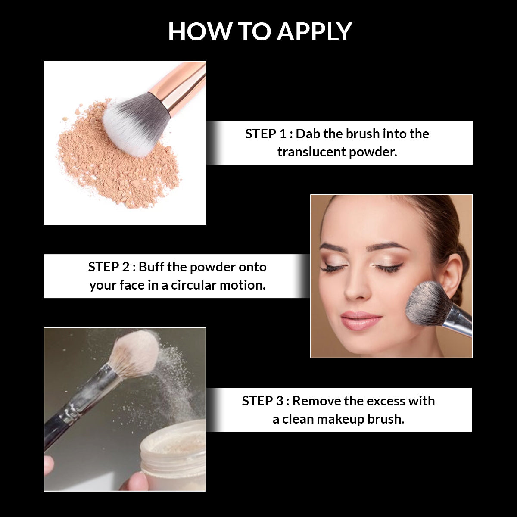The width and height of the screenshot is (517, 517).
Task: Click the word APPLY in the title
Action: point(314,31)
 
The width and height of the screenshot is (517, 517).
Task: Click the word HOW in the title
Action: point(199,31)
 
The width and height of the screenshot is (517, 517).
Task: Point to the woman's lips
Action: point(361,321)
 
